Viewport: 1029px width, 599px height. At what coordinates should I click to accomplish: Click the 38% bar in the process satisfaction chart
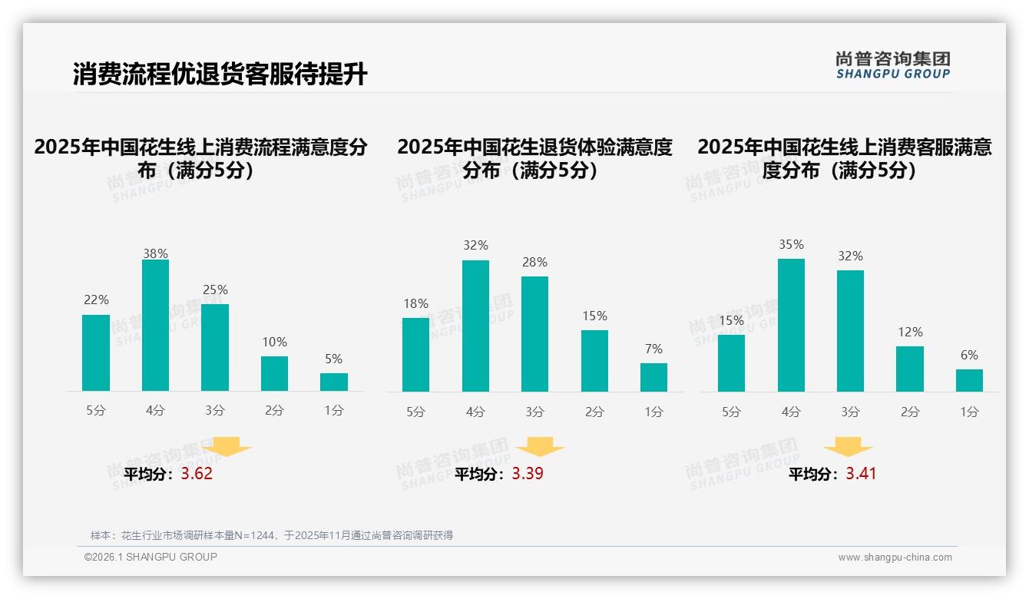(155, 326)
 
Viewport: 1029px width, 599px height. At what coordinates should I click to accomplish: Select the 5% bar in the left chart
(334, 382)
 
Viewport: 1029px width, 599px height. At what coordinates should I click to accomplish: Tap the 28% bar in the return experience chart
(534, 334)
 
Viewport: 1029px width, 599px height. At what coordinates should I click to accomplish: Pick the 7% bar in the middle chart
(653, 377)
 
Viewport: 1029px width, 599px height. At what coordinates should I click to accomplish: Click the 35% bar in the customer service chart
(791, 326)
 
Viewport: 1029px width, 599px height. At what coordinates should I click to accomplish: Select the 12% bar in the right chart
(910, 369)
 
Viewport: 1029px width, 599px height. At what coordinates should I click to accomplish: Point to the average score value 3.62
(197, 474)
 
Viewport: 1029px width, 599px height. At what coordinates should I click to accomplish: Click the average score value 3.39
(528, 474)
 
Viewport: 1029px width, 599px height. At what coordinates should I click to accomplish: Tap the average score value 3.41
(861, 474)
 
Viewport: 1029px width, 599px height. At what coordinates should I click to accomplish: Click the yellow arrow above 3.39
(540, 447)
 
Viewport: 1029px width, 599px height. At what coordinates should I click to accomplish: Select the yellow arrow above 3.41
(848, 447)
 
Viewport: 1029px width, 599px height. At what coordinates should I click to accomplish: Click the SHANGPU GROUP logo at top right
(893, 65)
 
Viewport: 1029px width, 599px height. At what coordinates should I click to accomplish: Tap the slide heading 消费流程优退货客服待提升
(220, 74)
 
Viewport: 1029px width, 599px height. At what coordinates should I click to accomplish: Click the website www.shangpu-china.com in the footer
(895, 558)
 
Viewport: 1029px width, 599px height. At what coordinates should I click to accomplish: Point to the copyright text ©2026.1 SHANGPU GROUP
(151, 557)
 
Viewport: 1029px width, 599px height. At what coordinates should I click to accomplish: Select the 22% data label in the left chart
(96, 299)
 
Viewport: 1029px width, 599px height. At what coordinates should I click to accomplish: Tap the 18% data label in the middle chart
(415, 303)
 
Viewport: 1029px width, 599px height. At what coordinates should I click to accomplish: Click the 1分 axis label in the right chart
(969, 412)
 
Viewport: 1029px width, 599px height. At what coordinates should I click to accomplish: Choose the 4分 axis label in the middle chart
(475, 412)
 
